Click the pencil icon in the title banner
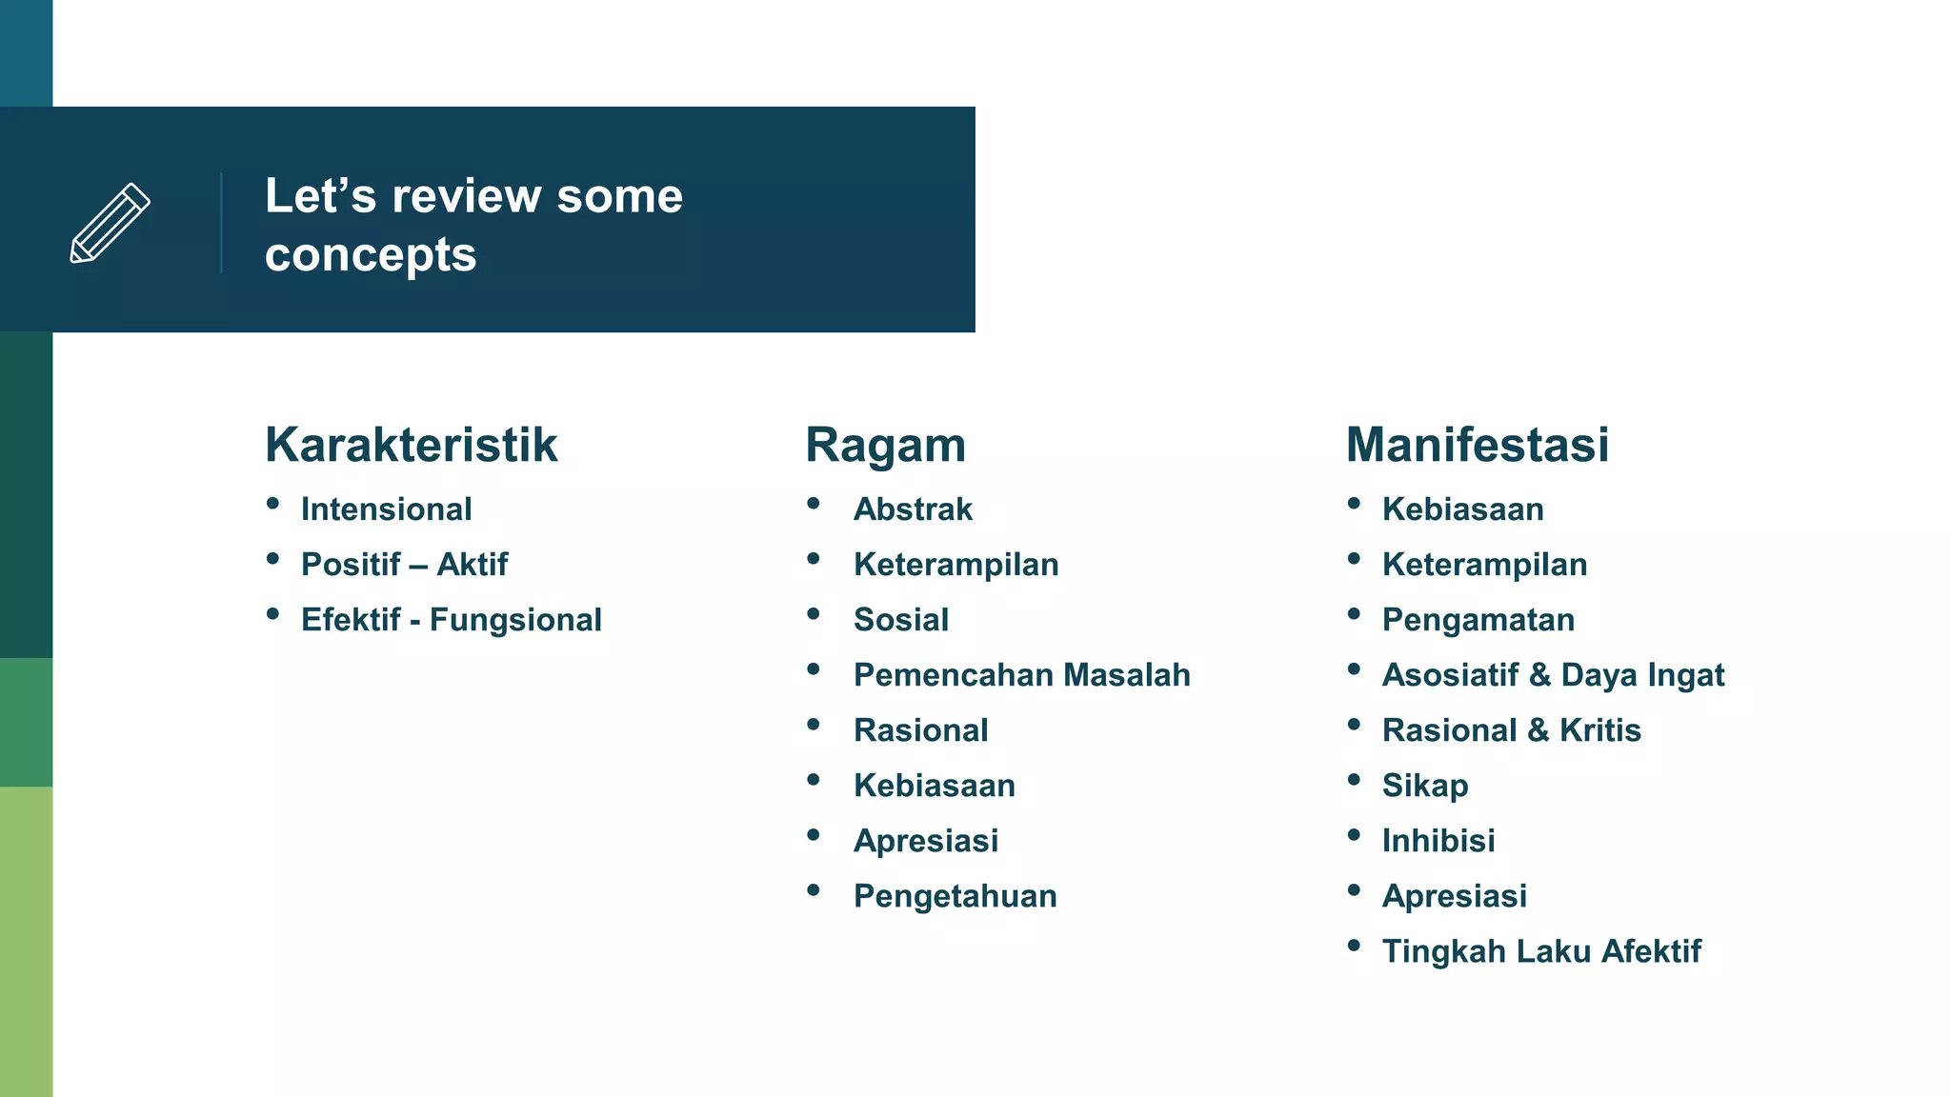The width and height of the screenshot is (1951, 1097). click(x=111, y=223)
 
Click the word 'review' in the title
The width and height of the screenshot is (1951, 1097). click(x=467, y=196)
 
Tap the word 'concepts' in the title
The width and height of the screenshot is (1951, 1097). click(x=371, y=255)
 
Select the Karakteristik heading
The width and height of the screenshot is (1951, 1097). click(x=411, y=445)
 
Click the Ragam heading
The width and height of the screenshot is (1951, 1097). click(x=885, y=445)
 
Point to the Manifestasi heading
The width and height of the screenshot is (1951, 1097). click(x=1477, y=445)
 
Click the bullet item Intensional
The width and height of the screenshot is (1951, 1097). click(x=386, y=509)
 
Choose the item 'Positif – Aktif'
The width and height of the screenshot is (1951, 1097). click(x=404, y=565)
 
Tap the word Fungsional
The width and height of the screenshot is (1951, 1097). click(x=515, y=620)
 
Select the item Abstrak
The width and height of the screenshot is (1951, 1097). click(x=913, y=509)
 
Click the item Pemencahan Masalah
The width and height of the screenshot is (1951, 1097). click(x=1021, y=675)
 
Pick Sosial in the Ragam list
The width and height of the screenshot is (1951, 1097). click(x=901, y=620)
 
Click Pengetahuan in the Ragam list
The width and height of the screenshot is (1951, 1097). click(x=955, y=896)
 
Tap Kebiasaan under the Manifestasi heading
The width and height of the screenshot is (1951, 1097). click(x=1462, y=509)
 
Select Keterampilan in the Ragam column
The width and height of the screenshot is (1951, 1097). click(x=955, y=565)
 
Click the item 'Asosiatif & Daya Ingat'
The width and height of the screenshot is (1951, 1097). click(x=1553, y=675)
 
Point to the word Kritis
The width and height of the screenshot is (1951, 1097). click(x=1600, y=730)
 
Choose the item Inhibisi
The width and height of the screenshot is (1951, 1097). click(x=1438, y=841)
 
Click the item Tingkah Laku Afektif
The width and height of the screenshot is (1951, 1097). click(x=1541, y=951)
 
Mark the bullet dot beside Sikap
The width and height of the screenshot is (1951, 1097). click(x=1354, y=780)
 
